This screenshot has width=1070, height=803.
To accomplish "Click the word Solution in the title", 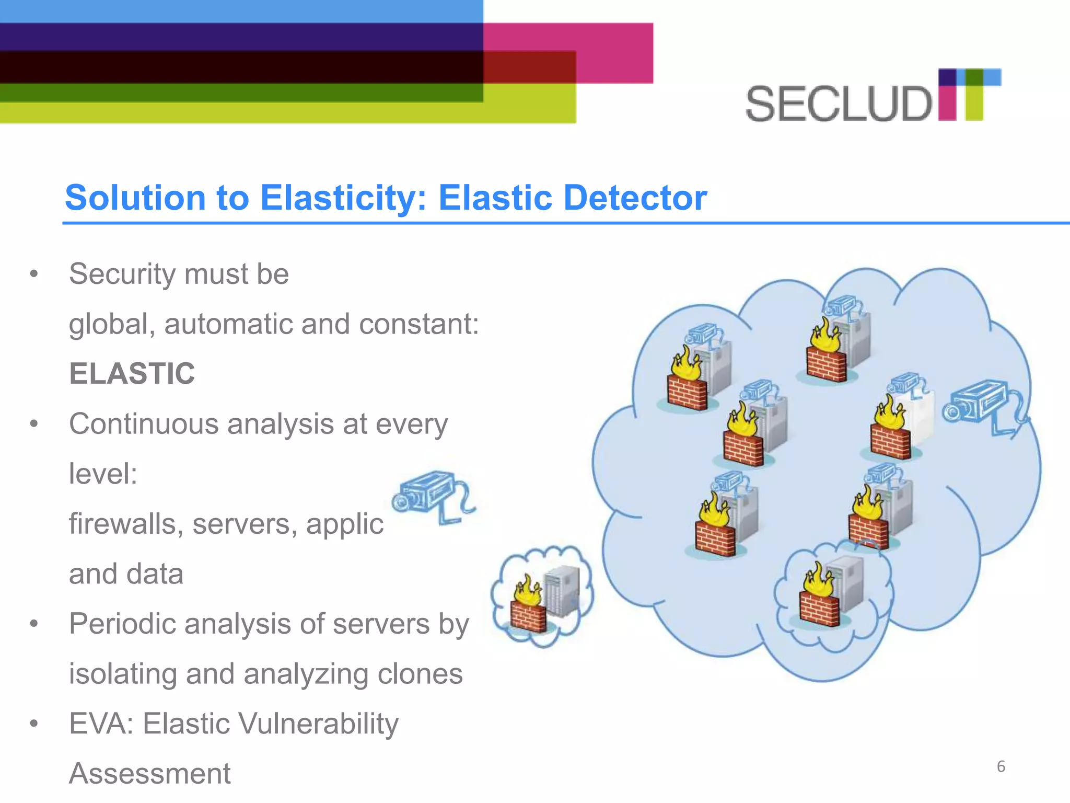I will click(135, 198).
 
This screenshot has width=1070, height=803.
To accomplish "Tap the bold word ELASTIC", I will click(132, 374).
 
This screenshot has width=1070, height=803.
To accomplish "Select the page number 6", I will click(1001, 766).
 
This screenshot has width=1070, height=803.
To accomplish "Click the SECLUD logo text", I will click(839, 105).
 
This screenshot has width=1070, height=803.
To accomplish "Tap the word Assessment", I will click(149, 774).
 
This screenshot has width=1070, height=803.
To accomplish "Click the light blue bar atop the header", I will click(240, 11).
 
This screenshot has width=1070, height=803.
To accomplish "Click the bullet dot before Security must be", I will click(34, 274).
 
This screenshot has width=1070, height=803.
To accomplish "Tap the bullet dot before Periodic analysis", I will click(34, 624).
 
